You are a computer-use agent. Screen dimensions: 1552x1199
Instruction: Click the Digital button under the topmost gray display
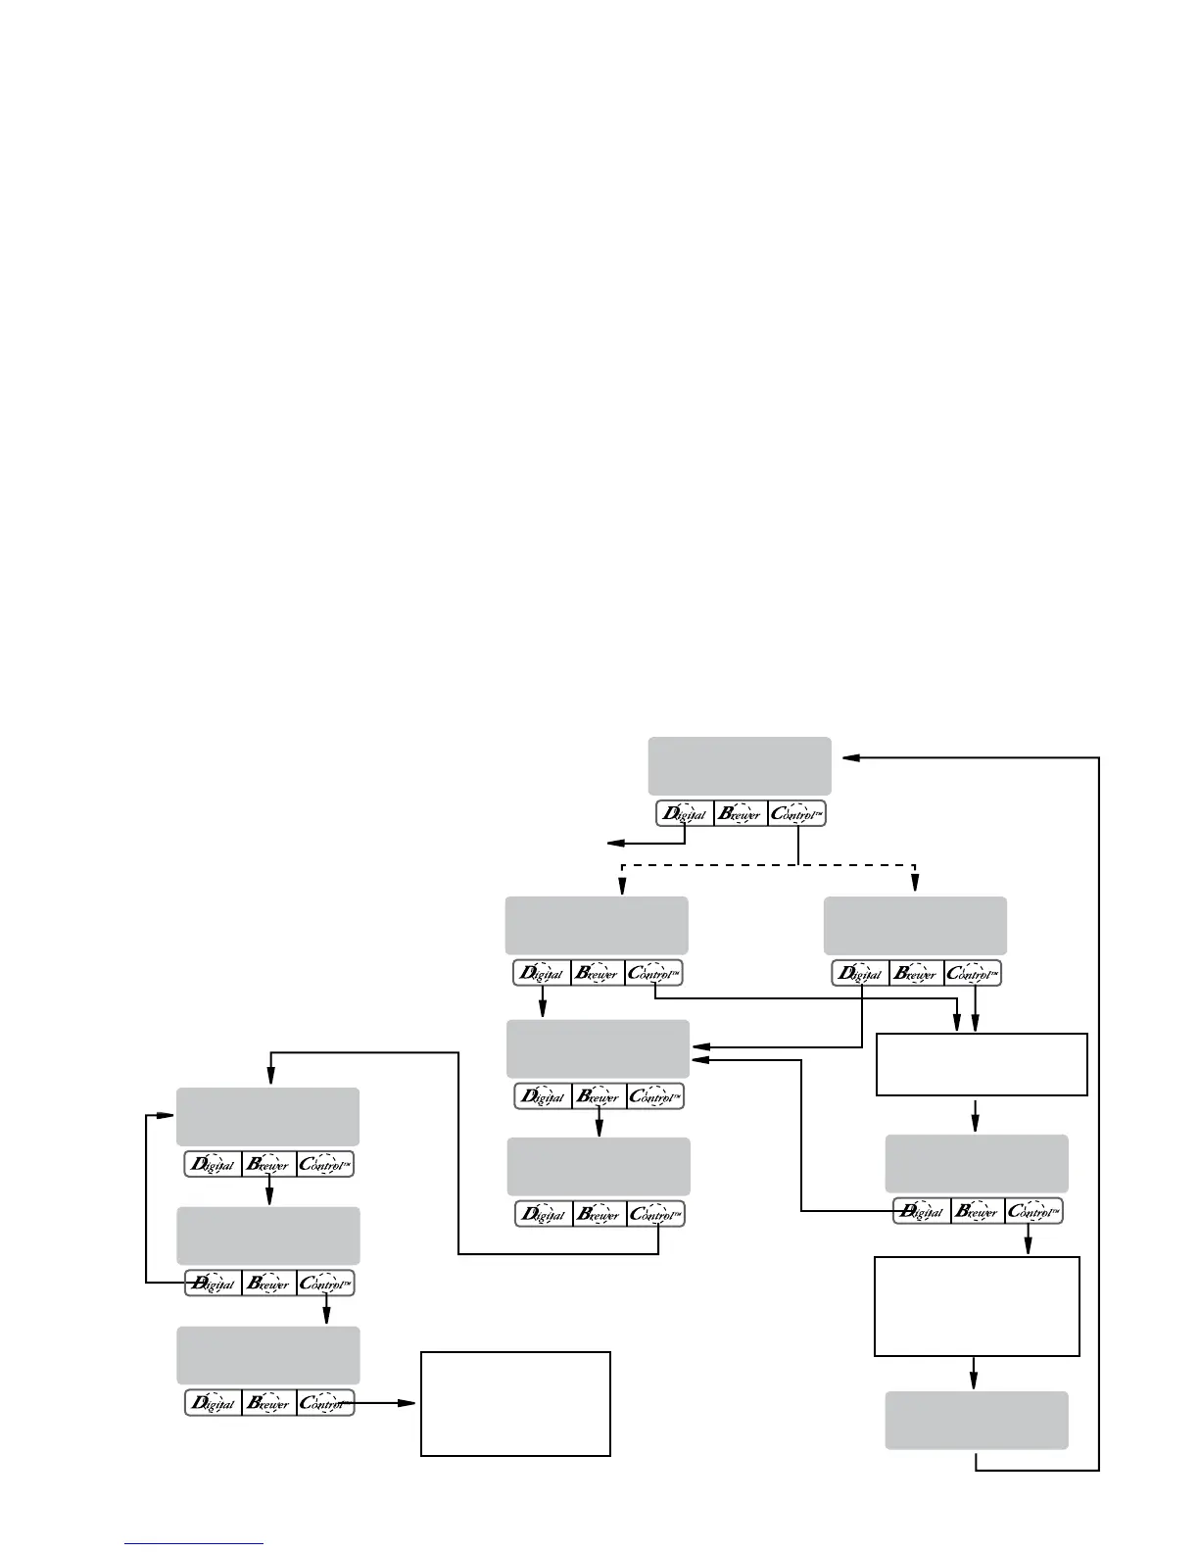(684, 813)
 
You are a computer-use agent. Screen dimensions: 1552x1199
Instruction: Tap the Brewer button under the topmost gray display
(741, 813)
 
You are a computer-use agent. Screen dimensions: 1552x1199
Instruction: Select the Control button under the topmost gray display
(796, 813)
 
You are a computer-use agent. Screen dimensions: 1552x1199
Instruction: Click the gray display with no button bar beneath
(976, 1420)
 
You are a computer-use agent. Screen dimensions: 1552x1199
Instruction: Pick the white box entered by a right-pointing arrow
(515, 1403)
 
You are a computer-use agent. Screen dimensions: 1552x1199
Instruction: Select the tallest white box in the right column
(976, 1306)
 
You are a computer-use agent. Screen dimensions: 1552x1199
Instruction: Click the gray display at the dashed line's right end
(915, 925)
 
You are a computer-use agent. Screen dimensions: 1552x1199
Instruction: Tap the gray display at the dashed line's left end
(596, 925)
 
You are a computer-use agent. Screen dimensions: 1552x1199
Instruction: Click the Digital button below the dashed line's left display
(542, 974)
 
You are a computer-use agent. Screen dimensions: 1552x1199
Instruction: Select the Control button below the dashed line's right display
(973, 974)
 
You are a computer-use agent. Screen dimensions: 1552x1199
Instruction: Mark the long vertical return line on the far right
(1099, 1107)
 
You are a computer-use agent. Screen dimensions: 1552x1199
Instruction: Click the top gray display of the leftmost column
(267, 1116)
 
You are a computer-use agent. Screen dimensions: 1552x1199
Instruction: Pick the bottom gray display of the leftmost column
(267, 1355)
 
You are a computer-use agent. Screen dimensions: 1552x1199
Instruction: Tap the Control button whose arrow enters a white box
(325, 1403)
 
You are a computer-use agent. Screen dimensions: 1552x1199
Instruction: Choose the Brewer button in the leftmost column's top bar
(268, 1165)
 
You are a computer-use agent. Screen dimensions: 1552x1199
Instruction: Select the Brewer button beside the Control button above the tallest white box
(978, 1211)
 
